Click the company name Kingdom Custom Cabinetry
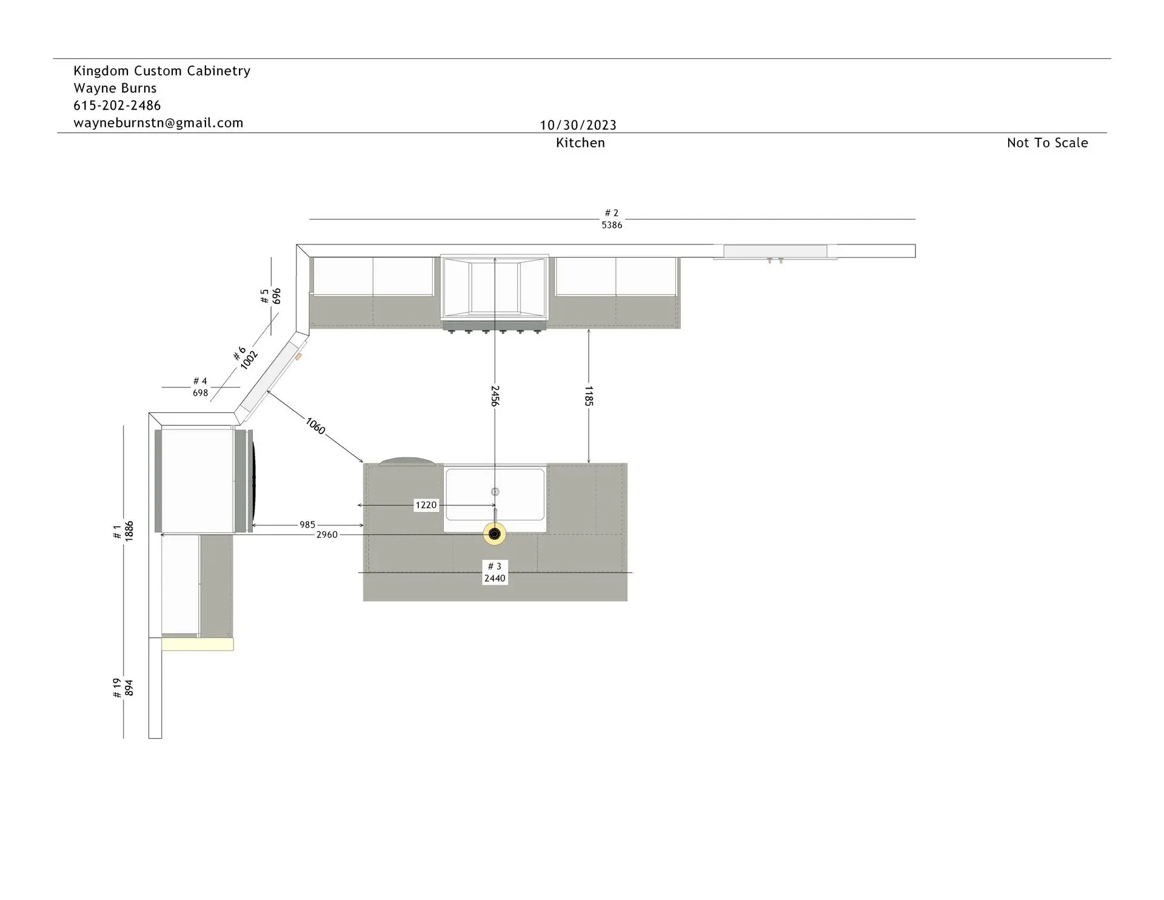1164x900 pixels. (x=162, y=71)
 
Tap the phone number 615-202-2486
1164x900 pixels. (x=117, y=106)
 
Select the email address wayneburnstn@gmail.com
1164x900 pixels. (x=158, y=123)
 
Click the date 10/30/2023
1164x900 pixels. (x=578, y=125)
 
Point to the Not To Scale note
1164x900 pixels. (x=1048, y=143)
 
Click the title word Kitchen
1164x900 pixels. (x=580, y=143)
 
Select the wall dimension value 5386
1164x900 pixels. (x=612, y=225)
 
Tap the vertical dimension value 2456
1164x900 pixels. (x=495, y=395)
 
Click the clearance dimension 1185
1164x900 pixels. (x=589, y=395)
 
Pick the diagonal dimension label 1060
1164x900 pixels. (x=315, y=426)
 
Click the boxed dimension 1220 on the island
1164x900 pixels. (x=426, y=505)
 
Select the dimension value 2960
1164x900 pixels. (x=327, y=535)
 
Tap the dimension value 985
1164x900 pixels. (x=307, y=525)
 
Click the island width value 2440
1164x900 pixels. (x=495, y=579)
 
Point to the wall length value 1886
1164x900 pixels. (x=129, y=531)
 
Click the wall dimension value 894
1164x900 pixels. (x=129, y=688)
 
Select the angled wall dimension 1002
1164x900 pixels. (x=249, y=360)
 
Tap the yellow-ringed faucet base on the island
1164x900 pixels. (x=495, y=534)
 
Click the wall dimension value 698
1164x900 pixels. (x=200, y=393)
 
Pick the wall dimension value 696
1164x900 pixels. (x=276, y=296)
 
